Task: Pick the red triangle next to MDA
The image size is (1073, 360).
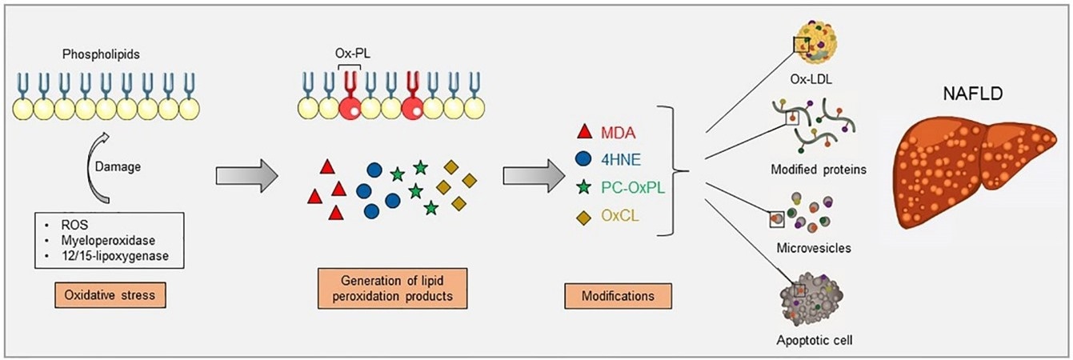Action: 584,130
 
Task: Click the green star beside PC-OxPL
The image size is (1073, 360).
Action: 584,188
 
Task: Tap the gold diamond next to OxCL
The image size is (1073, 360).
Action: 584,217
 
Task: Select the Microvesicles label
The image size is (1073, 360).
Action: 813,248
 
